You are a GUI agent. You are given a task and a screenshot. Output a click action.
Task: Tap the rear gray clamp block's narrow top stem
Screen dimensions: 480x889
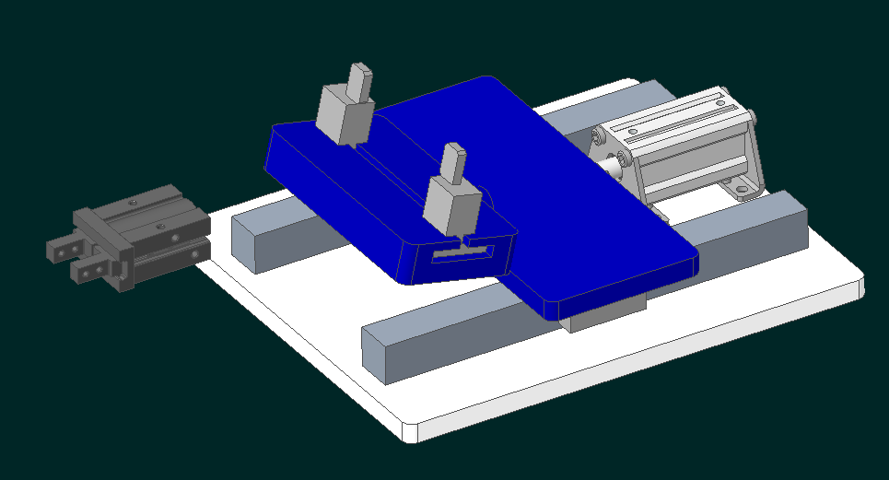tap(358, 77)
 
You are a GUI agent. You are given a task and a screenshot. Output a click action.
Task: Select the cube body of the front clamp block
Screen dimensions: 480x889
tap(450, 205)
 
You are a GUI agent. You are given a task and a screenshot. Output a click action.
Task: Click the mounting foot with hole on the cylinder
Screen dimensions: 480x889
tap(743, 188)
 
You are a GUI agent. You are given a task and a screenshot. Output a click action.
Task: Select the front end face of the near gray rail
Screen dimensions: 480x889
tap(380, 354)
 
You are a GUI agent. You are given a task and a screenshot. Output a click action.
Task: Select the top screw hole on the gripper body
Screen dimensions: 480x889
tap(135, 199)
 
